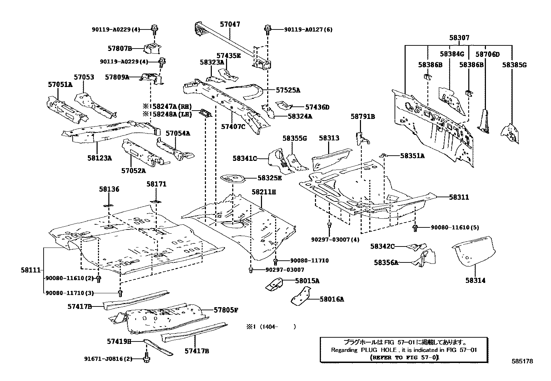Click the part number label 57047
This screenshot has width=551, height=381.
(230, 24)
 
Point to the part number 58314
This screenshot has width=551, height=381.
(475, 280)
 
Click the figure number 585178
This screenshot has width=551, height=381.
(522, 361)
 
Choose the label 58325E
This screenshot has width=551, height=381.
(269, 178)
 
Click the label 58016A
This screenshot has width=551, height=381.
(332, 299)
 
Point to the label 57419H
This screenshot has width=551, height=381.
(119, 341)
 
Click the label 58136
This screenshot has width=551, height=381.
(109, 189)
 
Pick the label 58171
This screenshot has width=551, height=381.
(156, 184)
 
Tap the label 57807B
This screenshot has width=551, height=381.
(120, 49)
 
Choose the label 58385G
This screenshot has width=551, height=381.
(514, 65)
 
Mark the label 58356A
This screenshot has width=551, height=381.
(386, 262)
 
